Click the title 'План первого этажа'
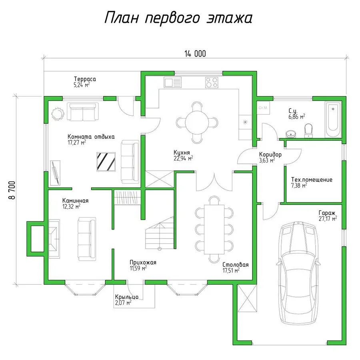click(178, 18)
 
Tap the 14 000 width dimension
click(195, 54)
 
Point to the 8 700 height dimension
click(12, 190)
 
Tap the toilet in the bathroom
click(308, 131)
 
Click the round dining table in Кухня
click(197, 122)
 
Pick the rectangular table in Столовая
click(214, 229)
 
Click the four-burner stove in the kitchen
click(212, 82)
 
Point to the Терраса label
click(85, 79)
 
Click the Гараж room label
click(327, 213)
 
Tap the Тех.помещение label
click(312, 179)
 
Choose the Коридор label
click(270, 155)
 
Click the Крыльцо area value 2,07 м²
click(123, 303)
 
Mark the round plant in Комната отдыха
click(57, 113)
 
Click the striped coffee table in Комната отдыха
click(106, 162)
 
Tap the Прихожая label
click(143, 262)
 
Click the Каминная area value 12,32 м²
click(72, 207)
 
